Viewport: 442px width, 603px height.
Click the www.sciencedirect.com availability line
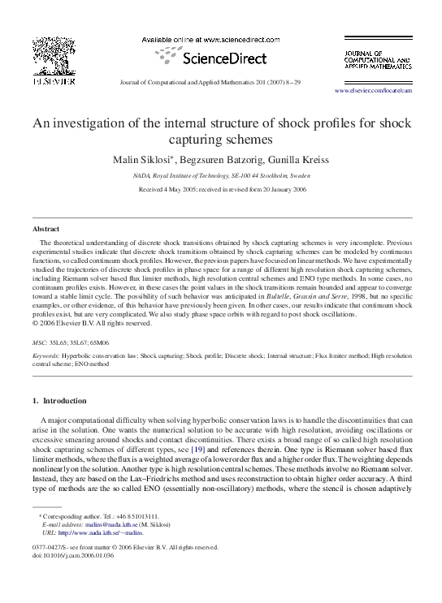pyautogui.click(x=219, y=39)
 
